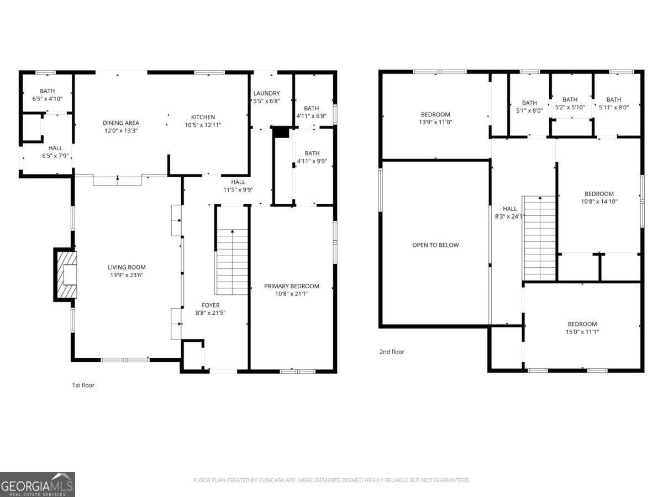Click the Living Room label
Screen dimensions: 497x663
click(127, 267)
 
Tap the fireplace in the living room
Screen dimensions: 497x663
click(66, 274)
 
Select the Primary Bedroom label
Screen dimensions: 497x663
click(291, 286)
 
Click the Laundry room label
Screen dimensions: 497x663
click(266, 93)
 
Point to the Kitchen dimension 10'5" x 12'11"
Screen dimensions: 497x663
click(203, 125)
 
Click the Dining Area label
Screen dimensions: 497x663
click(120, 123)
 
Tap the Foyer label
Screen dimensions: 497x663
click(211, 305)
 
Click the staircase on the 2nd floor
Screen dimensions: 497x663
click(539, 238)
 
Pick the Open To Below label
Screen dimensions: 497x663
click(435, 245)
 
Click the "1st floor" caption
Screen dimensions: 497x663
click(83, 385)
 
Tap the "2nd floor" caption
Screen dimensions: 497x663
click(392, 352)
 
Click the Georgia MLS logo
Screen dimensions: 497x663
click(38, 484)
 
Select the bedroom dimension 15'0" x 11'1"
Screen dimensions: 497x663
click(582, 332)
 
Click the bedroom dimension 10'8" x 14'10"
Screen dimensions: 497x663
click(599, 202)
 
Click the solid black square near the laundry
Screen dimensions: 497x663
click(281, 133)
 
